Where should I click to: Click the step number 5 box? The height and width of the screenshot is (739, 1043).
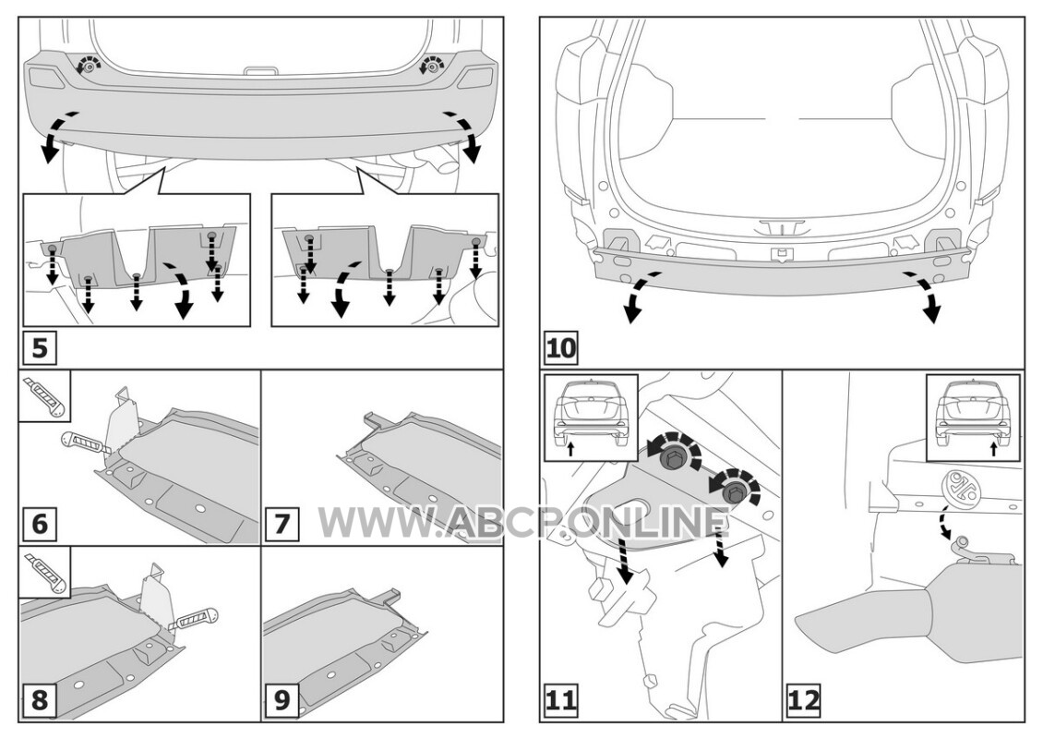(x=40, y=347)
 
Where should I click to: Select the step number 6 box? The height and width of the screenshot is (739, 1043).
(x=40, y=524)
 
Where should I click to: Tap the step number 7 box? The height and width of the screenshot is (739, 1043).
(x=282, y=524)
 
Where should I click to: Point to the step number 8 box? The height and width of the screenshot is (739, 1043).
(x=40, y=700)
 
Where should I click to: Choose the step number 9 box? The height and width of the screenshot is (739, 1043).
(x=282, y=700)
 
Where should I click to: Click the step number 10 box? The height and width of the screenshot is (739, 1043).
(x=561, y=347)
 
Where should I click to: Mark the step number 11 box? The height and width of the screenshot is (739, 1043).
(x=561, y=700)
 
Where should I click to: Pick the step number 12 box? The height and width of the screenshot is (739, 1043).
(x=804, y=700)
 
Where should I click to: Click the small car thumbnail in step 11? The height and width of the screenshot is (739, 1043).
(x=591, y=418)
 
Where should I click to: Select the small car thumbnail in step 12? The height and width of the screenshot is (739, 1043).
(x=973, y=418)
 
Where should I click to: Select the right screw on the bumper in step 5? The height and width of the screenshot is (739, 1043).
(x=430, y=67)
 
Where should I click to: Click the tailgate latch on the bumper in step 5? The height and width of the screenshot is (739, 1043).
(x=261, y=70)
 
